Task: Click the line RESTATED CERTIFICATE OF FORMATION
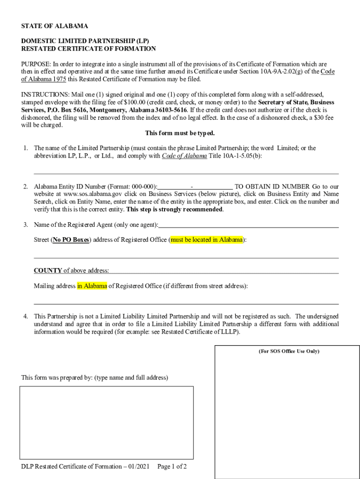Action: pos(88,49)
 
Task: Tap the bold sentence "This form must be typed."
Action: pos(180,133)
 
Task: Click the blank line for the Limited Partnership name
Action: pos(186,172)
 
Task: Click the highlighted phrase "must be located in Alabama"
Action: pos(207,240)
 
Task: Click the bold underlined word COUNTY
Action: pos(48,270)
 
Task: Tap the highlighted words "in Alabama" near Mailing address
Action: pos(92,286)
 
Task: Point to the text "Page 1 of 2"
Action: pos(172,466)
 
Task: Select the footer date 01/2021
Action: pos(138,466)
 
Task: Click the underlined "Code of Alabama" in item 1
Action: pos(184,156)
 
